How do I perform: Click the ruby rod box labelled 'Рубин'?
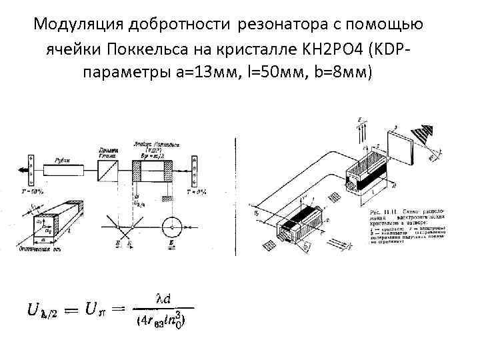(61, 163)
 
